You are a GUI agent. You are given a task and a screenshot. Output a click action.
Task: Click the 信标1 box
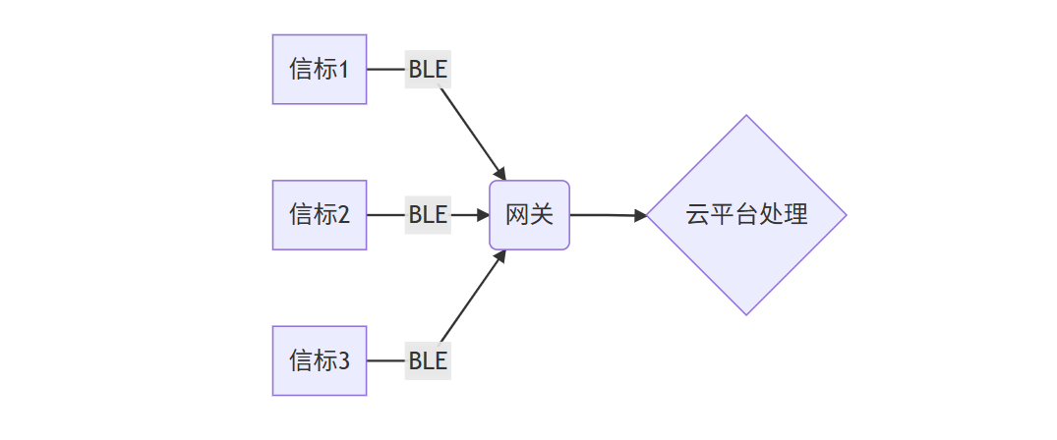click(319, 69)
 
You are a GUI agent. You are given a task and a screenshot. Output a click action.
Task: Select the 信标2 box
click(319, 214)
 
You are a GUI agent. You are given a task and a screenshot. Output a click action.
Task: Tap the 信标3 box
click(319, 360)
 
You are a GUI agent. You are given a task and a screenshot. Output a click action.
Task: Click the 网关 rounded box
click(529, 214)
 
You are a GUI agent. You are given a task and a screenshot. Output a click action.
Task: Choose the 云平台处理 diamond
click(746, 214)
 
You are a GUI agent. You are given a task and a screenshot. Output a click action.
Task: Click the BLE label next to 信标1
click(428, 69)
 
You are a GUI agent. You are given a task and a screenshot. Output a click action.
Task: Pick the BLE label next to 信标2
click(428, 214)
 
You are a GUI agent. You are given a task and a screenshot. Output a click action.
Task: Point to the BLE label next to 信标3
click(428, 360)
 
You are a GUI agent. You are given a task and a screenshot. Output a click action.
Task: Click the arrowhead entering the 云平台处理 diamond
click(640, 215)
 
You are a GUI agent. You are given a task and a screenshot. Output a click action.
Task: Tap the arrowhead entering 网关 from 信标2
click(483, 214)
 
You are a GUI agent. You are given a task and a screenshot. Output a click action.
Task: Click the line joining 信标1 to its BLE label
click(385, 69)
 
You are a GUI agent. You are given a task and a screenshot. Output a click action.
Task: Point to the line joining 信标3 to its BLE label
click(385, 360)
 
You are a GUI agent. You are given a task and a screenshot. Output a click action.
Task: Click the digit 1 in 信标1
click(344, 69)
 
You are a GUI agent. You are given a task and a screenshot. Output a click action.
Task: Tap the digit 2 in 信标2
click(344, 214)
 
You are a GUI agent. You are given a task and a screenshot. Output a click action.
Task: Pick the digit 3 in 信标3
click(344, 360)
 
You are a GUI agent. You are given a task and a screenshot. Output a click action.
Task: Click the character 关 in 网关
click(542, 214)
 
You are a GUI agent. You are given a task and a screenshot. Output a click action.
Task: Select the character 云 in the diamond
click(697, 214)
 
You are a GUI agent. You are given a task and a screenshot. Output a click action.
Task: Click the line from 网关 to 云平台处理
click(605, 214)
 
